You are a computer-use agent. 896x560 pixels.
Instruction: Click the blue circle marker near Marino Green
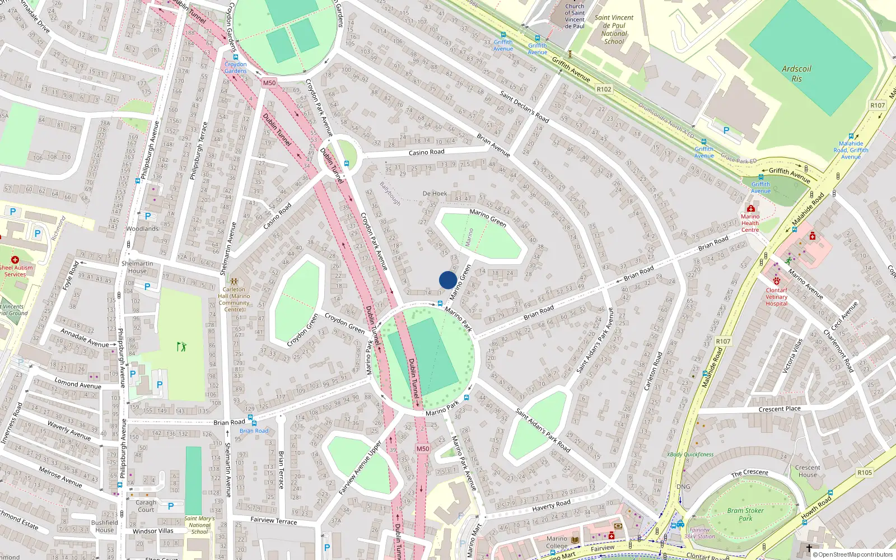[x=448, y=280]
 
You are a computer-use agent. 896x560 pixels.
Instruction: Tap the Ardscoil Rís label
[x=796, y=73]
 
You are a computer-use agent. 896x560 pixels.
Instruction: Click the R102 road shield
[x=604, y=89]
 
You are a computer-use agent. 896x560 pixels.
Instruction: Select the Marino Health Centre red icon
[x=750, y=209]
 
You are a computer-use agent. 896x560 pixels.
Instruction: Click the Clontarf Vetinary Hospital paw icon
[x=777, y=281]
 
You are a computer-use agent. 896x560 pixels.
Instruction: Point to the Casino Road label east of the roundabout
[x=426, y=152]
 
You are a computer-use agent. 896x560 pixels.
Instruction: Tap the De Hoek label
[x=435, y=194]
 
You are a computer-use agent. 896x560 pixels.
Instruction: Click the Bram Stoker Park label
[x=745, y=514]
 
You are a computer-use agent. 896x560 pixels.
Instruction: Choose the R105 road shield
[x=865, y=473]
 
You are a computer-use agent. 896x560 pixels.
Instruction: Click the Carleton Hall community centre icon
[x=234, y=282]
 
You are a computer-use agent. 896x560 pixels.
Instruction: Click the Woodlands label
[x=142, y=228]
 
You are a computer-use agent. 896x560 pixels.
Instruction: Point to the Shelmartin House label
[x=137, y=267]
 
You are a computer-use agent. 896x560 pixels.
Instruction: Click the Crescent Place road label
[x=780, y=409]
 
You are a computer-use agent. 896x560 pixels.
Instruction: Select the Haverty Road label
[x=551, y=505]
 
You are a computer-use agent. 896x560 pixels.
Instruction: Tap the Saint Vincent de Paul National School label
[x=614, y=29]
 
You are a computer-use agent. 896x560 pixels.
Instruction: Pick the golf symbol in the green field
[x=181, y=347]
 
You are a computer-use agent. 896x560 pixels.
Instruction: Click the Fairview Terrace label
[x=274, y=520]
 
